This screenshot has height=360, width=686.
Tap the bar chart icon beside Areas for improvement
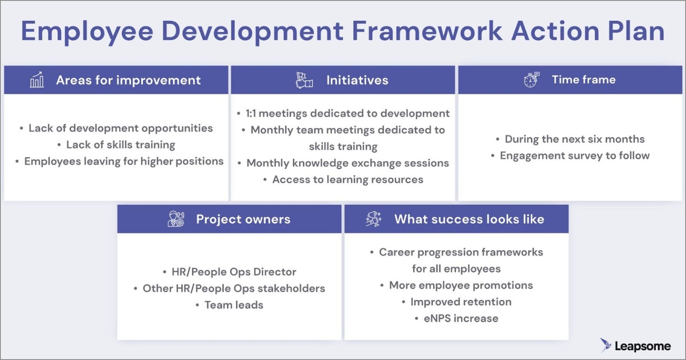point(37,80)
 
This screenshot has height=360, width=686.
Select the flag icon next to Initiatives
point(304,80)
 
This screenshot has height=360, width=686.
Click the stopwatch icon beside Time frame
point(531,80)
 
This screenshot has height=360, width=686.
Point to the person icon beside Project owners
point(176,219)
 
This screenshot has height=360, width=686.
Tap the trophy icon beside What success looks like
point(374,219)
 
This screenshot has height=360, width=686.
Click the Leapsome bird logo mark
point(605,345)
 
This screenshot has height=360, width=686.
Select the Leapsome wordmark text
point(643,346)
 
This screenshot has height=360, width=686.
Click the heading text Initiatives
point(357,80)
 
